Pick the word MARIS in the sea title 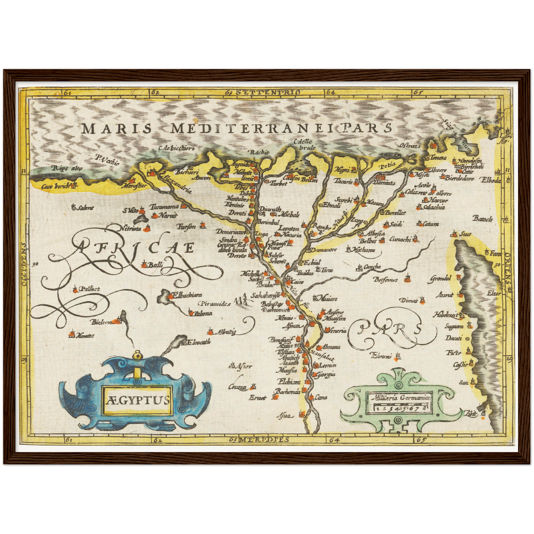tap(116, 129)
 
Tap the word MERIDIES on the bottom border tap(263, 439)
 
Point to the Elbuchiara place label tap(188, 295)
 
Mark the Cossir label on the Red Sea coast tap(460, 365)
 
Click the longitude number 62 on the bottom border tap(157, 440)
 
